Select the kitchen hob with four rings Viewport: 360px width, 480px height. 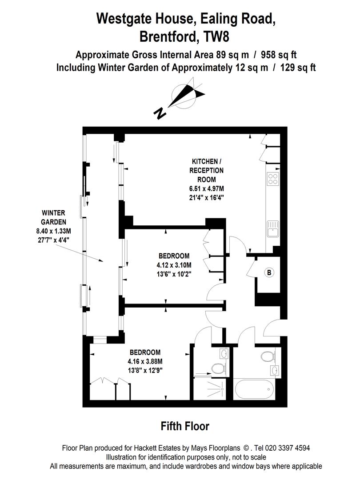pos(272,179)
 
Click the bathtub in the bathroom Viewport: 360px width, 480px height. pos(254,389)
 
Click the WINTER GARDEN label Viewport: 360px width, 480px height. pos(53,217)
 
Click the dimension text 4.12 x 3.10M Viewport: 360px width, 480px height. pos(174,265)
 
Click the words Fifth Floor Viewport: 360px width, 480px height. pos(184,427)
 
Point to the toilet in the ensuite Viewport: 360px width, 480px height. pos(217,368)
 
